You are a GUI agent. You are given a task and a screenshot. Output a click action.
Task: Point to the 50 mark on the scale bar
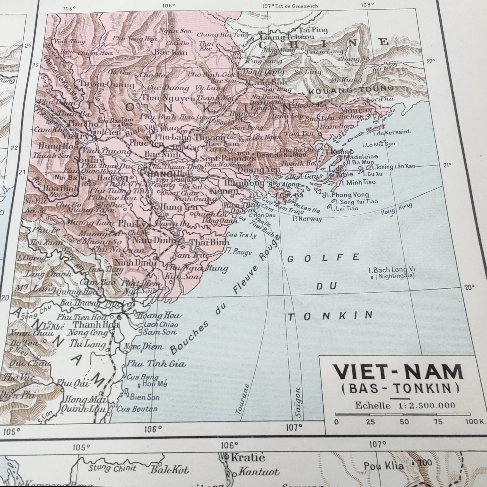tap(404, 422)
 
